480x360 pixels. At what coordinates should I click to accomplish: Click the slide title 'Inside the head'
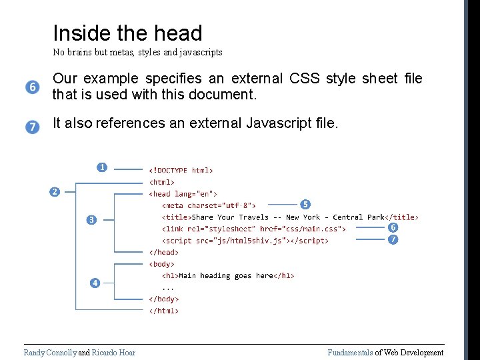click(127, 33)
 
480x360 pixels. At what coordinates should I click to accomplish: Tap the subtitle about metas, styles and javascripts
click(137, 52)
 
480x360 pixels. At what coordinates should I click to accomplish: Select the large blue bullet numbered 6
click(33, 87)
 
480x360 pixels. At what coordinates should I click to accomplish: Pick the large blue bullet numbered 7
click(33, 127)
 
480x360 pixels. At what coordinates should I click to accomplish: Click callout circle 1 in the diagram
click(101, 167)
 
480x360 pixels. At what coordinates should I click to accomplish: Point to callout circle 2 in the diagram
click(55, 192)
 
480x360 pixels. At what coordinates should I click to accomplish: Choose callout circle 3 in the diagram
click(91, 219)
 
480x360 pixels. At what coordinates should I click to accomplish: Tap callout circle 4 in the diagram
click(95, 283)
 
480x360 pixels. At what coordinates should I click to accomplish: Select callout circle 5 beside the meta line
click(305, 203)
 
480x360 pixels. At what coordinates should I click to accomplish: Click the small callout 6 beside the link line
click(393, 227)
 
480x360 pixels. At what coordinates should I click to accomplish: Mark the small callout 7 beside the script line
click(393, 239)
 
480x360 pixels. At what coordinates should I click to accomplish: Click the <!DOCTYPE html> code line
click(181, 171)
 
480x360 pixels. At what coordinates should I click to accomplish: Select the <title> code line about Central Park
click(290, 217)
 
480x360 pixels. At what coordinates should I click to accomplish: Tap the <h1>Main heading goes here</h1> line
click(228, 275)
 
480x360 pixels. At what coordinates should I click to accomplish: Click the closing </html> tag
click(163, 311)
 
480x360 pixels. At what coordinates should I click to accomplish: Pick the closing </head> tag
click(163, 252)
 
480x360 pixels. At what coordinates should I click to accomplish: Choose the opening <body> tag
click(162, 264)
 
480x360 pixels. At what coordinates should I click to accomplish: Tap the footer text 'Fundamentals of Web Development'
click(385, 353)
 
